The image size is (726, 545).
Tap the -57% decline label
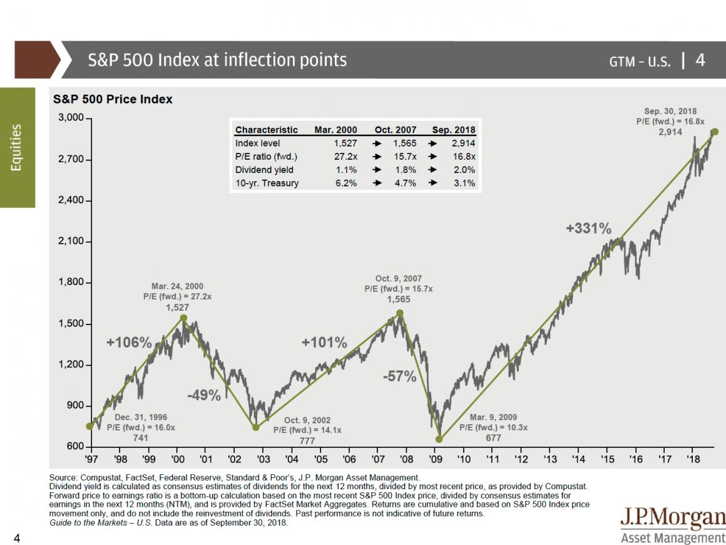399,376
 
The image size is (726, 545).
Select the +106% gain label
129,343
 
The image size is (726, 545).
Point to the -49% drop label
203,395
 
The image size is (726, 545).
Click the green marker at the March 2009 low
439,439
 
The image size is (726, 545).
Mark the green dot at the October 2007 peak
400,313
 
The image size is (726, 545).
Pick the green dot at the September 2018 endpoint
715,132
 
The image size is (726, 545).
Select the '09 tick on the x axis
435,459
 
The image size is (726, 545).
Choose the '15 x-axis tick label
607,459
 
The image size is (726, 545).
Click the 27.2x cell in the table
345,157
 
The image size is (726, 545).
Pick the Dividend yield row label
264,170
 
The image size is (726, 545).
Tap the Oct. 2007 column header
396,130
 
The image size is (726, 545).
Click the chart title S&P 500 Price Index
113,99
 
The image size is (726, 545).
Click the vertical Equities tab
17,147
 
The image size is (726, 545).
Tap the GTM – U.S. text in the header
640,61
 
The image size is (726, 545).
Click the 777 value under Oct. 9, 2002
307,440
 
